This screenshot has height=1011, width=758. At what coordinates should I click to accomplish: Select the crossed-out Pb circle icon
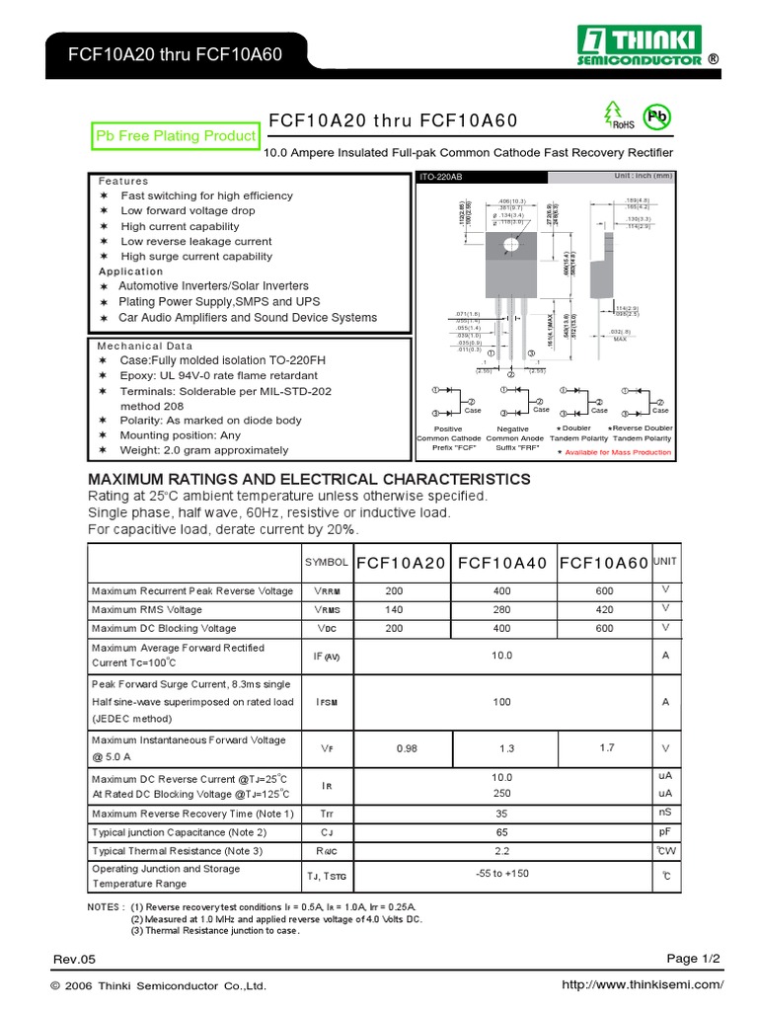pos(656,116)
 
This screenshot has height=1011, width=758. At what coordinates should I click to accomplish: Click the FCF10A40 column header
pos(504,562)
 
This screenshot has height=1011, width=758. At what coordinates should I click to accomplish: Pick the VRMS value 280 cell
pos(504,609)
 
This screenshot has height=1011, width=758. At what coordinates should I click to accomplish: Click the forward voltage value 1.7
pos(605,747)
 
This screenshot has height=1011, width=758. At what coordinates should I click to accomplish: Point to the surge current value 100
pos(503,702)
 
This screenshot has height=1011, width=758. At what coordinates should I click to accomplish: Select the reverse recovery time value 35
pos(503,814)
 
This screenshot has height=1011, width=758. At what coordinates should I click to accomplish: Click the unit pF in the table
pos(664,832)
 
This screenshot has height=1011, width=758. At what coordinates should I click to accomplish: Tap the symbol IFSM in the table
pos(328,702)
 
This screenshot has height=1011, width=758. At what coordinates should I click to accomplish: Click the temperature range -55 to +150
pos(503,874)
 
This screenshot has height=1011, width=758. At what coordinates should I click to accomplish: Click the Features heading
pos(123,182)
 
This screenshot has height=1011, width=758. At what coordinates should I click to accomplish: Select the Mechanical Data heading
pos(145,347)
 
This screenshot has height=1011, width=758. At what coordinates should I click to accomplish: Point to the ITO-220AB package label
pos(441,177)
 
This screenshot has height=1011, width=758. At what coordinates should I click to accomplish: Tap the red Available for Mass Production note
pos(618,452)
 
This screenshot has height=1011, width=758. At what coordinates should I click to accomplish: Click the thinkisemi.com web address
pos(642,985)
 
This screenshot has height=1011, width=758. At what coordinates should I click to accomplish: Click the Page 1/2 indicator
pos(694,958)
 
